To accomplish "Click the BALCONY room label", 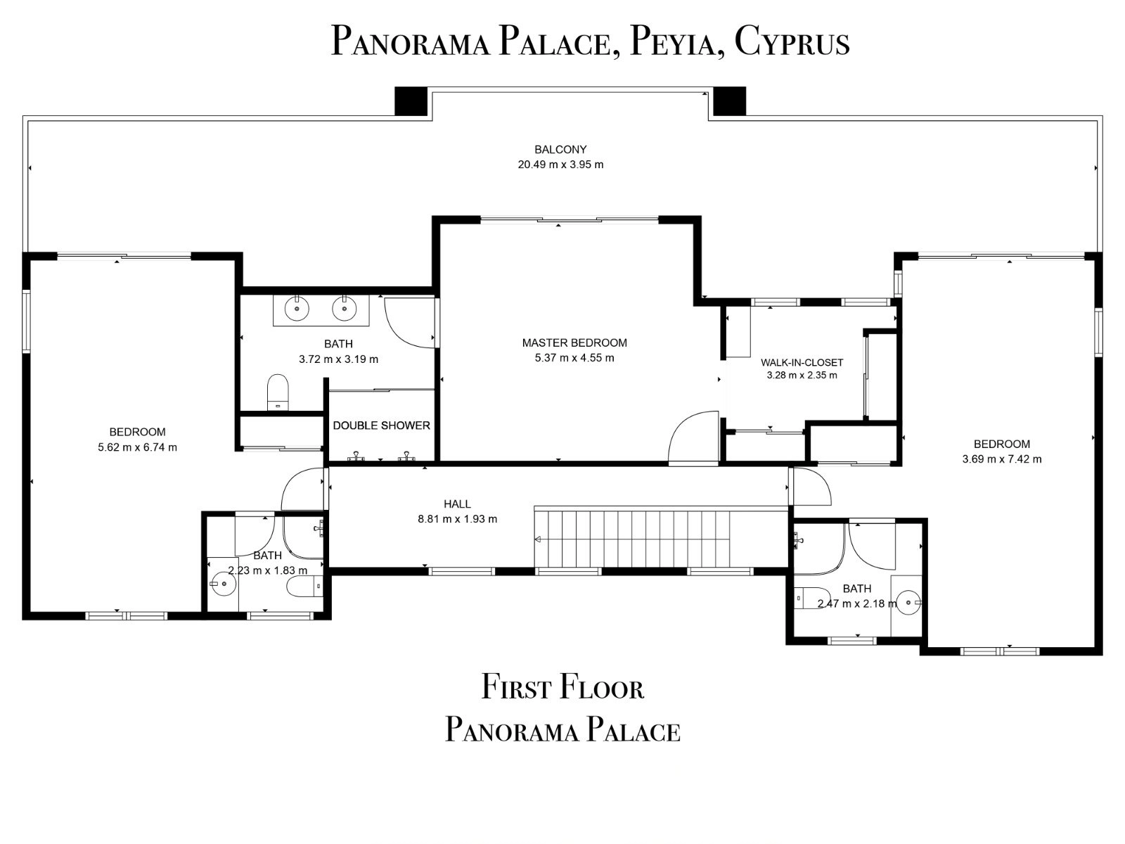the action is [x=560, y=150].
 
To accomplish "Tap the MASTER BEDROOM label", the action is [x=574, y=343].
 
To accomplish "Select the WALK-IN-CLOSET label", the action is [x=802, y=363].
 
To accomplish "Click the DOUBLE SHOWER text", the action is [x=381, y=426].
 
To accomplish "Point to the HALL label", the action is [x=457, y=504].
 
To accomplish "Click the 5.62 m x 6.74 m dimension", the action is [x=137, y=447].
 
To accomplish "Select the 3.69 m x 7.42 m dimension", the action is [x=1002, y=459].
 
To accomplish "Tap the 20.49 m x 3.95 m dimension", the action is [x=560, y=165].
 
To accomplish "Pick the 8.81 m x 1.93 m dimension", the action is [x=457, y=519].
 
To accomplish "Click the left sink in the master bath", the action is [x=297, y=309].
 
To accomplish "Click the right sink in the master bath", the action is [x=344, y=309].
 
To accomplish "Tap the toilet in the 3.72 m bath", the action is [x=278, y=392].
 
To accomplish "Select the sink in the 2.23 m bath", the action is [x=224, y=584].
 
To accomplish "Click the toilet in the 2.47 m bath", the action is [x=812, y=598].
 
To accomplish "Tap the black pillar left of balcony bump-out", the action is [x=411, y=101].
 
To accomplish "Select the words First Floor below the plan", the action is [x=562, y=688].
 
